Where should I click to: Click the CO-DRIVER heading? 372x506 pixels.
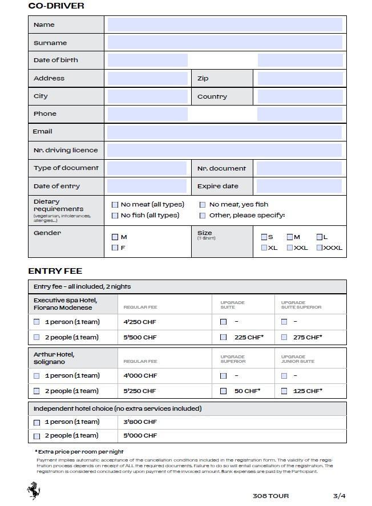coord(56,6)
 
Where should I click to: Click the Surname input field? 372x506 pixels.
coord(225,42)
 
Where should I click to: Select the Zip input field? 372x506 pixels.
coord(300,78)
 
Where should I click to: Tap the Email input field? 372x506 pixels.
coord(224,132)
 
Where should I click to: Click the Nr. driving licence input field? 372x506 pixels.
coord(224,150)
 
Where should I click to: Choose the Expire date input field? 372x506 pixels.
coord(299,186)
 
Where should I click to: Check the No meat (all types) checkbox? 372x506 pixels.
coord(115,205)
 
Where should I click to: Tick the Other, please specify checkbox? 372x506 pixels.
coord(203,216)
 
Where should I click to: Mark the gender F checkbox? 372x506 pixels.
coord(115,248)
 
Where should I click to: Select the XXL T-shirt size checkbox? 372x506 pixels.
coord(290,248)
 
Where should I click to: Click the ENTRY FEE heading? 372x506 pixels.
coord(55,271)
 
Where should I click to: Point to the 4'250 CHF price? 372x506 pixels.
coord(140,322)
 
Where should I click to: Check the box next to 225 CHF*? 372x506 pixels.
coord(224,337)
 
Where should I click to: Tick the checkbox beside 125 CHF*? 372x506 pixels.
coord(284,391)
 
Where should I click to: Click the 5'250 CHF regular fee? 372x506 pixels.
coord(140,391)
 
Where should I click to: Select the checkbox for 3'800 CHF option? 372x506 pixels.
coord(37,423)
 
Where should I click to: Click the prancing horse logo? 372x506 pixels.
coord(34,491)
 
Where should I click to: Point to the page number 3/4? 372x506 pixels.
coord(339,496)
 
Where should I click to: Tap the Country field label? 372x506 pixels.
coord(212,96)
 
